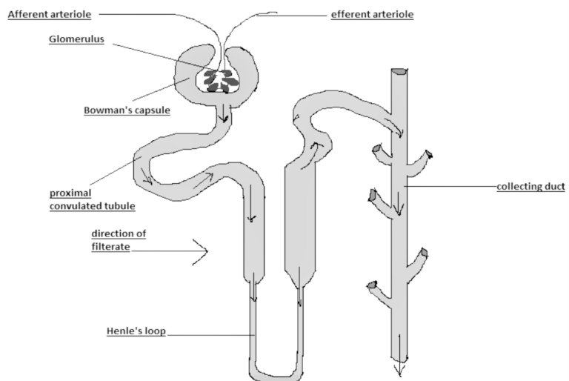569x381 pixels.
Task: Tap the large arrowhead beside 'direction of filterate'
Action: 202,251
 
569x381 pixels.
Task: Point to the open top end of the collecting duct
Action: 400,71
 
